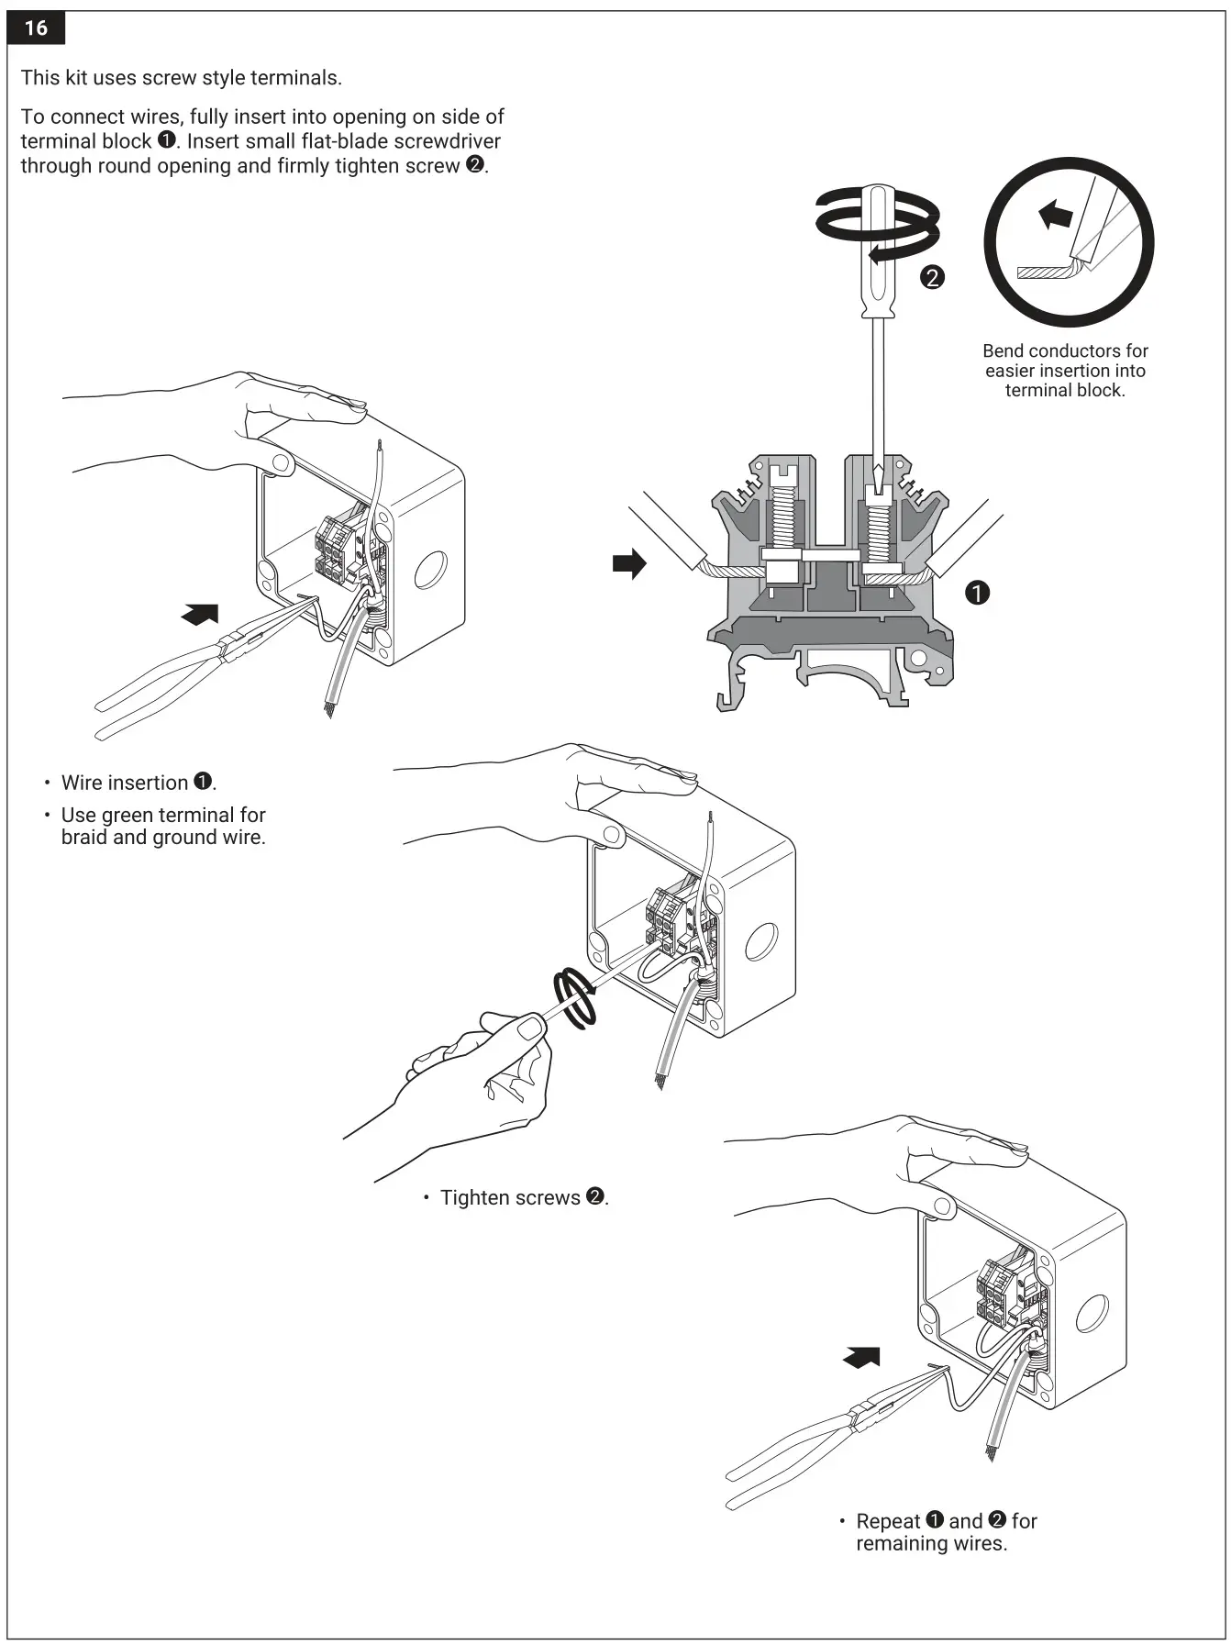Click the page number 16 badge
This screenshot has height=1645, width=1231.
coord(35,28)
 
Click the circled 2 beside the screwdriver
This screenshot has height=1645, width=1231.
coord(932,277)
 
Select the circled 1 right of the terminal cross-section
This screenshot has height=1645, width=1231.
coord(978,593)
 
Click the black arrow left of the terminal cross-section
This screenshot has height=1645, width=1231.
coord(629,563)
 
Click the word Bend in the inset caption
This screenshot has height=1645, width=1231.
coord(1002,350)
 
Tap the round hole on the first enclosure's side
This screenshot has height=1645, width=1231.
coord(430,571)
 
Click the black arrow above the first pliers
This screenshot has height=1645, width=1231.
coord(201,614)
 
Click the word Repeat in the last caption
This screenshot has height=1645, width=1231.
coord(887,1521)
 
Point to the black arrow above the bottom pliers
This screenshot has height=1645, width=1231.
coord(862,1357)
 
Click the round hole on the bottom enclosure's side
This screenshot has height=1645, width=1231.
coord(1092,1313)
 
